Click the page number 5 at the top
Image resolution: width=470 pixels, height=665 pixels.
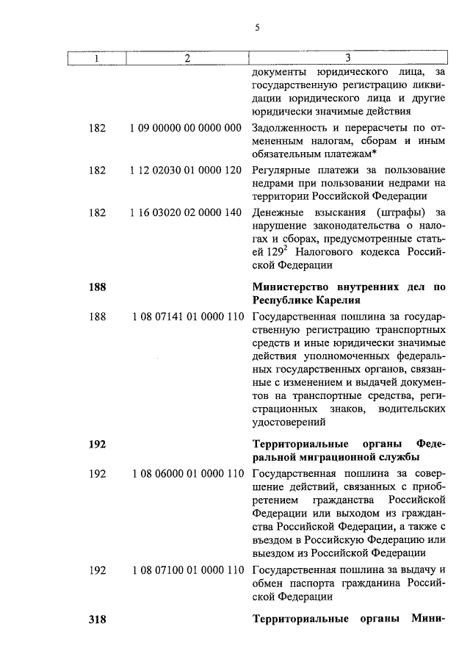pos(257,28)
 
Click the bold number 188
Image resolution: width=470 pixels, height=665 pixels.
pos(97,287)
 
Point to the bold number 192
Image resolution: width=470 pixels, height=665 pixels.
pos(97,445)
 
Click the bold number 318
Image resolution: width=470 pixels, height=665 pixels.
pos(97,619)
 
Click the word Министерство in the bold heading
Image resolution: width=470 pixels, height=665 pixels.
pos(289,287)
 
